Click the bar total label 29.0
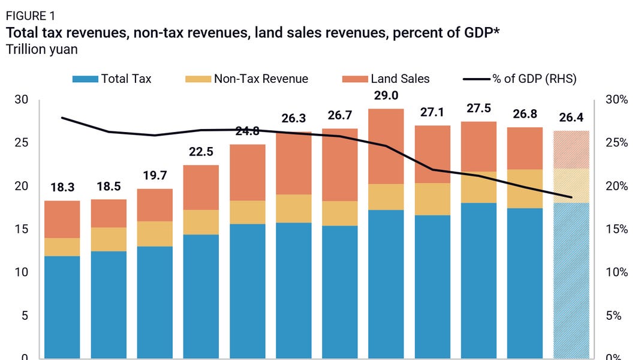(x=386, y=96)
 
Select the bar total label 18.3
(x=62, y=188)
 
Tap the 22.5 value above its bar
(x=201, y=152)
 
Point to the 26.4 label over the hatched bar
(x=571, y=118)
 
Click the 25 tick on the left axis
(x=21, y=143)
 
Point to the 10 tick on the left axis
(x=21, y=272)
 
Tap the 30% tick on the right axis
(x=616, y=100)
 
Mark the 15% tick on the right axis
(x=616, y=229)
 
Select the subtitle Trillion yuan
(x=41, y=49)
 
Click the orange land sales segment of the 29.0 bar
(x=386, y=146)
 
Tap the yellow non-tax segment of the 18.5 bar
(x=109, y=239)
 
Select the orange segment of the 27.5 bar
(x=479, y=146)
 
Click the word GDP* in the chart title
(x=479, y=32)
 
